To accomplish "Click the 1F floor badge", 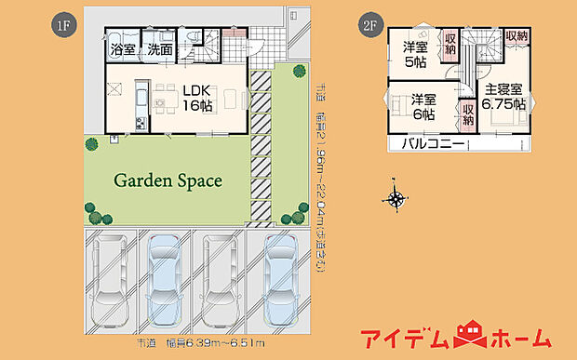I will click(x=62, y=24).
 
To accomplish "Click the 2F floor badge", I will click(x=367, y=24).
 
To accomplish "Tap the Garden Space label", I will click(x=168, y=180).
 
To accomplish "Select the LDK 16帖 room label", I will click(x=196, y=99).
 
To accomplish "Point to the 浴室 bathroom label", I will click(x=123, y=48).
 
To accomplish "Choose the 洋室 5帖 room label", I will click(x=415, y=55).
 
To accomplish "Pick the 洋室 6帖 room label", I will click(x=423, y=107).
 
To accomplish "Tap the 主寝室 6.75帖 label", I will click(x=503, y=97).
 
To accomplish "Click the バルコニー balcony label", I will click(x=434, y=144).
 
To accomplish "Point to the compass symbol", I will click(x=396, y=197).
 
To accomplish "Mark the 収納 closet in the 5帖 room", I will click(x=450, y=43).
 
